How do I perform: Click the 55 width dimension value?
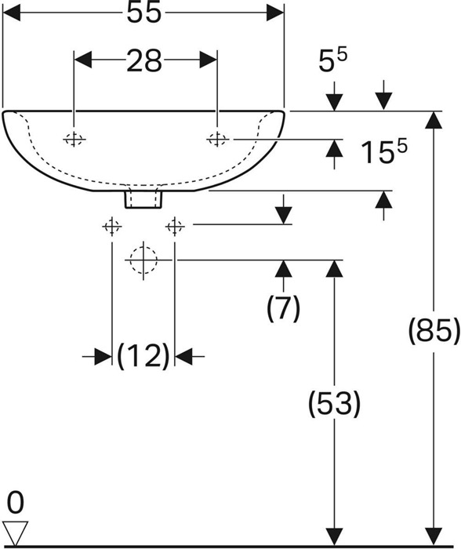(x=143, y=13)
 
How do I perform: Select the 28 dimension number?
(x=143, y=60)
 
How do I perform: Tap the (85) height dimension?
(x=434, y=331)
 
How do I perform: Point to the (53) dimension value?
(x=334, y=404)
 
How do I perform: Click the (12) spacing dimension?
(x=143, y=356)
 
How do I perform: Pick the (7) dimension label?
(x=284, y=308)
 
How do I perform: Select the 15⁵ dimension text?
(x=384, y=151)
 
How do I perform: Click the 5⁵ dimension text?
(x=333, y=60)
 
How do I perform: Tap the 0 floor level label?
(x=16, y=503)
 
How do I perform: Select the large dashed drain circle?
(x=143, y=260)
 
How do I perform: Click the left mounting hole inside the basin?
(x=74, y=140)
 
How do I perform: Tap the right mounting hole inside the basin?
(x=217, y=140)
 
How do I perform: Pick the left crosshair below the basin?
(x=112, y=227)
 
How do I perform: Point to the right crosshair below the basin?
(x=175, y=227)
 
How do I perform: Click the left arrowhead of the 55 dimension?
(x=11, y=13)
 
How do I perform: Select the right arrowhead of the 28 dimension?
(x=209, y=60)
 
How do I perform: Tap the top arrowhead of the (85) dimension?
(x=434, y=121)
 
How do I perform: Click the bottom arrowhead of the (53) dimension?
(x=334, y=536)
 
